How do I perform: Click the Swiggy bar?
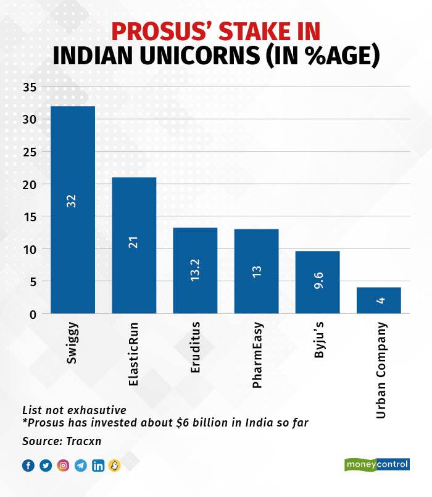[x=72, y=210]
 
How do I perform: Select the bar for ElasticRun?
[x=133, y=245]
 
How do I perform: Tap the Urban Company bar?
[x=378, y=300]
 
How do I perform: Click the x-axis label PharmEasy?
[x=257, y=354]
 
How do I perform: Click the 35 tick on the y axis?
[x=30, y=87]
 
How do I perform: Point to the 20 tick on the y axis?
[x=30, y=184]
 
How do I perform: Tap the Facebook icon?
[x=28, y=465]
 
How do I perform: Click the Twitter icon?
[x=45, y=465]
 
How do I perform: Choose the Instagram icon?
[x=63, y=465]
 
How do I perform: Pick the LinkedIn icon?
[x=98, y=465]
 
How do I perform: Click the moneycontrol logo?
[x=376, y=464]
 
